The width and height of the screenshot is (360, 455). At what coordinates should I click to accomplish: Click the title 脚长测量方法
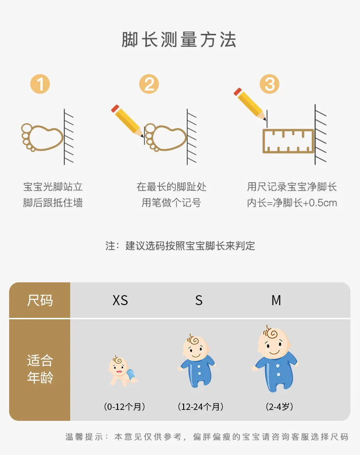[x=179, y=40]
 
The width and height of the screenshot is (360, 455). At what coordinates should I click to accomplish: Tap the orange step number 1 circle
[x=40, y=84]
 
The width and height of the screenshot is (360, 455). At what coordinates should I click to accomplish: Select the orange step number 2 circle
[x=149, y=84]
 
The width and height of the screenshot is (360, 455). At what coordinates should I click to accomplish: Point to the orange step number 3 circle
[x=269, y=84]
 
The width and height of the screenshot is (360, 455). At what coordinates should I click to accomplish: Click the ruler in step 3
[x=288, y=141]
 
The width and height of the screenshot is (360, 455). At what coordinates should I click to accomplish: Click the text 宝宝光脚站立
[x=53, y=187]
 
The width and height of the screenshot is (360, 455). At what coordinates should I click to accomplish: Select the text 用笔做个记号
[x=171, y=203]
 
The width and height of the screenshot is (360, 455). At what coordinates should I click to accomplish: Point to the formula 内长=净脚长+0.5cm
[x=292, y=203]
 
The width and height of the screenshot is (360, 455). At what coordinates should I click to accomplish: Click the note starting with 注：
[x=180, y=246]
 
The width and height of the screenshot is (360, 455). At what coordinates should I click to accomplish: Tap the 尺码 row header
[x=40, y=300]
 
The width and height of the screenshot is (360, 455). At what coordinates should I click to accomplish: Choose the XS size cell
[x=120, y=301]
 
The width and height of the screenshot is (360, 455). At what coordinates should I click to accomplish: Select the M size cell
[x=276, y=301]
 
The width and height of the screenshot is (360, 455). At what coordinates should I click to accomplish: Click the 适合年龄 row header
[x=40, y=369]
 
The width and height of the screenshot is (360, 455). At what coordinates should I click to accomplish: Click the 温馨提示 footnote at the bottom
[x=207, y=437]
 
